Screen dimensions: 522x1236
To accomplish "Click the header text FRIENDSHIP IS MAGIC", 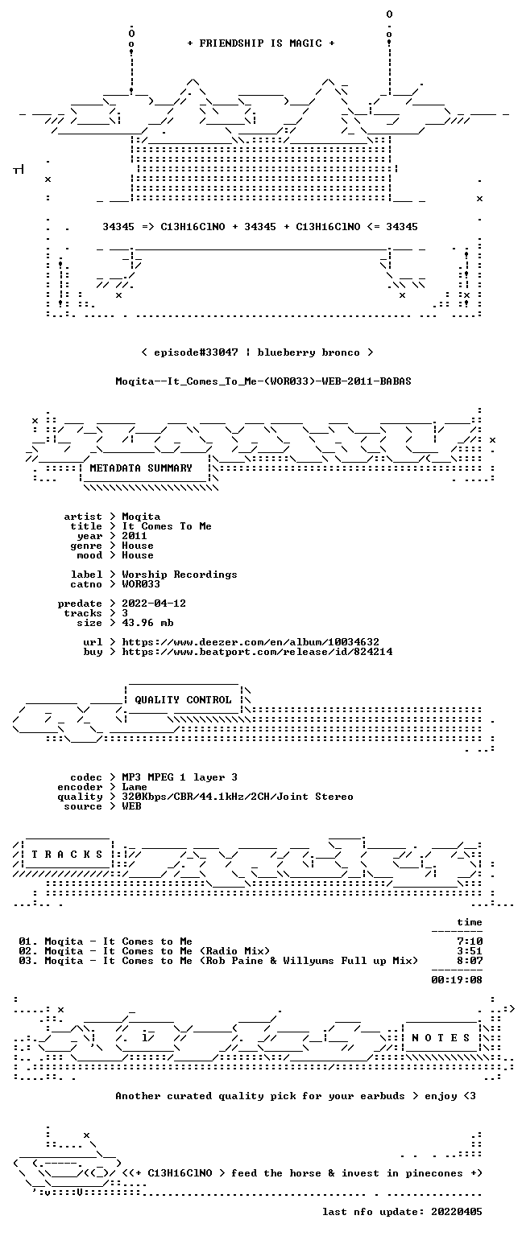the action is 261,43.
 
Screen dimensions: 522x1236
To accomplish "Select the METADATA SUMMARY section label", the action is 141,468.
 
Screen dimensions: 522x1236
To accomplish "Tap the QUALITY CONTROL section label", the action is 183,699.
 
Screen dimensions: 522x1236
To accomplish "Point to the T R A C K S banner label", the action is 68,854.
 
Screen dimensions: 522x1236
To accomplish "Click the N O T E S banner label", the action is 441,1038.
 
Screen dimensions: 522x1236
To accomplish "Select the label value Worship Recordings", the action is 180,575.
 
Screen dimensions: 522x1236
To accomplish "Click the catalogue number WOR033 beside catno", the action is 141,583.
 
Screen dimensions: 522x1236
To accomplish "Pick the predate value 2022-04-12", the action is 154,603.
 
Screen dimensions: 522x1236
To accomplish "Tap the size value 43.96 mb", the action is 147,623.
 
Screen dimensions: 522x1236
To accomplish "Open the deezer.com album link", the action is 251,641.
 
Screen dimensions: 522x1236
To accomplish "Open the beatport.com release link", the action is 258,652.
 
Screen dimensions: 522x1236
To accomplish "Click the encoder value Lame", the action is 135,787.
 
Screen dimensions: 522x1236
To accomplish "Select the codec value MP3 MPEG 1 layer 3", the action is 180,777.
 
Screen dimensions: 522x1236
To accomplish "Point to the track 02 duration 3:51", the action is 470,950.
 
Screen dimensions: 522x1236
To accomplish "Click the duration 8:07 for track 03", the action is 470,961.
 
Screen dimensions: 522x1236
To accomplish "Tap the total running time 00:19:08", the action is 457,980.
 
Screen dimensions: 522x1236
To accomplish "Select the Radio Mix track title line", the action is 144,950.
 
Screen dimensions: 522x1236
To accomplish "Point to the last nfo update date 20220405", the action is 457,1212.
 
